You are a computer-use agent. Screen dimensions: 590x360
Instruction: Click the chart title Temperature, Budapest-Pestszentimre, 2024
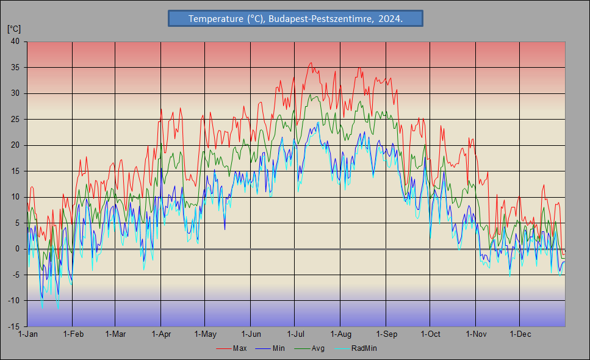pyautogui.click(x=295, y=18)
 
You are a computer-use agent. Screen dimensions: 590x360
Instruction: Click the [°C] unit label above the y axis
pyautogui.click(x=14, y=29)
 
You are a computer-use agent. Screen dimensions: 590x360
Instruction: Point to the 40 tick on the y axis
pyautogui.click(x=15, y=41)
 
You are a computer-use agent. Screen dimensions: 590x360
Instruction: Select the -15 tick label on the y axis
pyautogui.click(x=14, y=326)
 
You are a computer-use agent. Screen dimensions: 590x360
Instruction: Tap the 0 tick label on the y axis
pyautogui.click(x=17, y=249)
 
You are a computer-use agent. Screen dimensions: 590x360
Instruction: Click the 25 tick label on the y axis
pyautogui.click(x=15, y=119)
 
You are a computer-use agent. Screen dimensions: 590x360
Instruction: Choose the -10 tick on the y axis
pyautogui.click(x=14, y=301)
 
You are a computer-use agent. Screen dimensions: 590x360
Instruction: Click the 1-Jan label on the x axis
pyautogui.click(x=28, y=334)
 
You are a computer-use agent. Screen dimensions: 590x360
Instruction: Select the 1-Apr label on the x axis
pyautogui.click(x=161, y=334)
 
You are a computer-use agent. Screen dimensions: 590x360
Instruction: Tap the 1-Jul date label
pyautogui.click(x=295, y=334)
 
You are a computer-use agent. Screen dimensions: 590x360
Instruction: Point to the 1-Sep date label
pyautogui.click(x=386, y=334)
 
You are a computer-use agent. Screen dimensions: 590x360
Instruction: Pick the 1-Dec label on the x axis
pyautogui.click(x=520, y=334)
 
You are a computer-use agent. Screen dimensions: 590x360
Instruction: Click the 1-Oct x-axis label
pyautogui.click(x=430, y=334)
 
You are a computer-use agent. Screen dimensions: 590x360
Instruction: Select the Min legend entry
pyautogui.click(x=270, y=348)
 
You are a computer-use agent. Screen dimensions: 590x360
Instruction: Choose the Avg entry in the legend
pyautogui.click(x=309, y=348)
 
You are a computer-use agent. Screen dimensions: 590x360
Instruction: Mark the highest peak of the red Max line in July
pyautogui.click(x=311, y=63)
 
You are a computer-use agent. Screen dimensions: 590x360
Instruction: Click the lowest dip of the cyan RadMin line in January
pyautogui.click(x=58, y=309)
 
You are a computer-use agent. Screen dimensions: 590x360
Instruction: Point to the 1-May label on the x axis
pyautogui.click(x=206, y=334)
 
